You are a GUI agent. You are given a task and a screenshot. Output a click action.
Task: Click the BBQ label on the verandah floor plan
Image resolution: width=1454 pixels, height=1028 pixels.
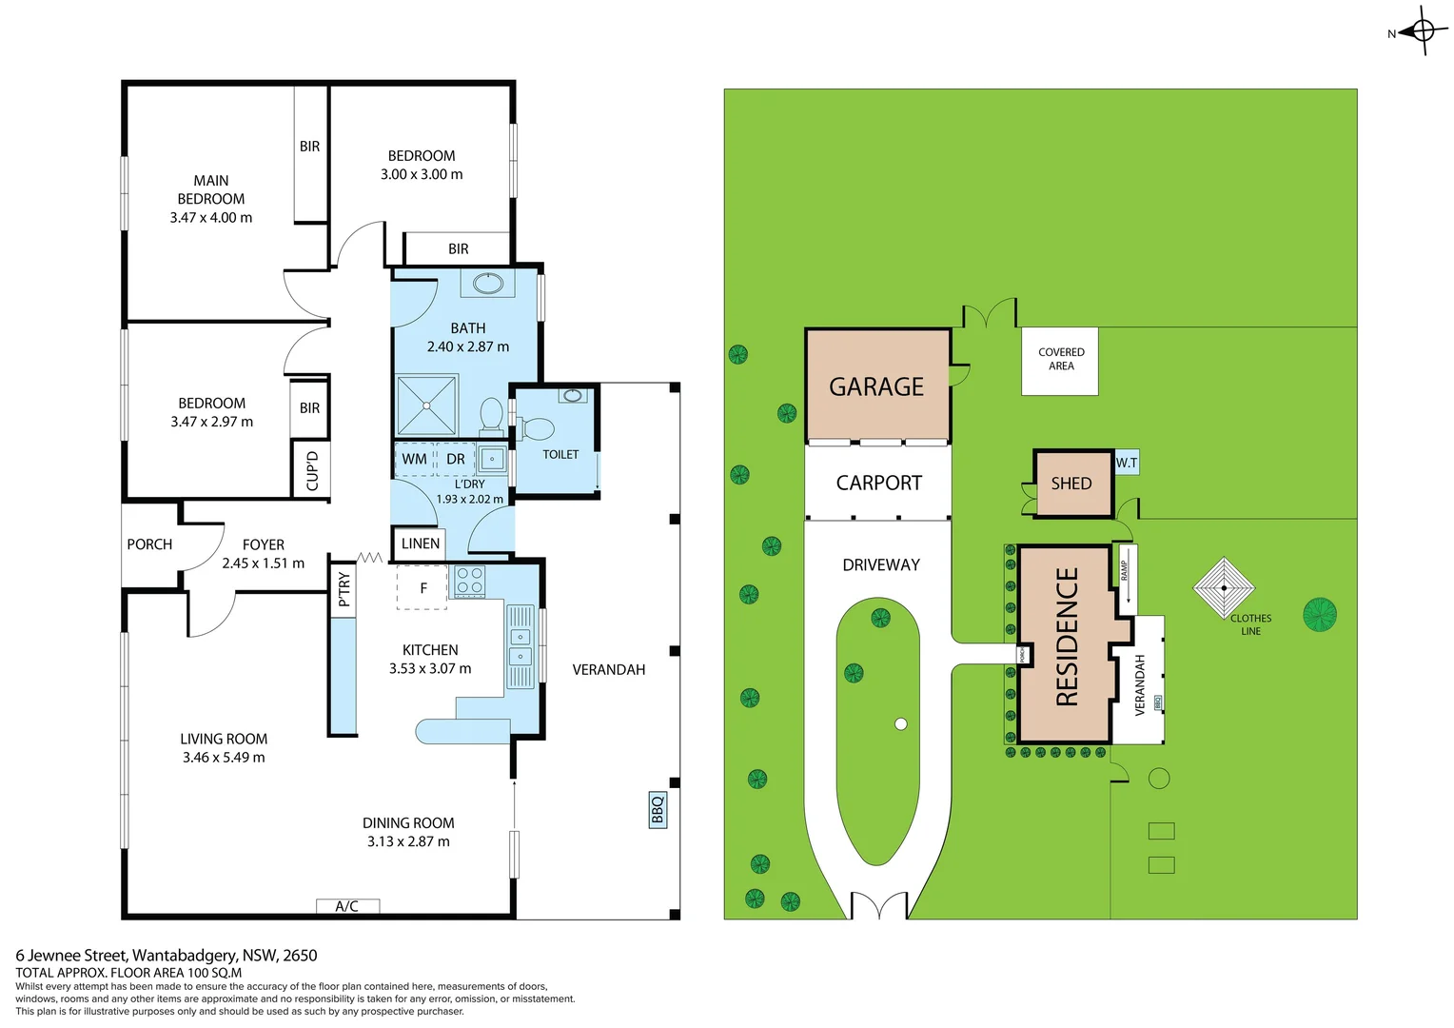click(658, 809)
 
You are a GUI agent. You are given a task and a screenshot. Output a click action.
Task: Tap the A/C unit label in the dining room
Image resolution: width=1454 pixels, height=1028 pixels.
click(347, 906)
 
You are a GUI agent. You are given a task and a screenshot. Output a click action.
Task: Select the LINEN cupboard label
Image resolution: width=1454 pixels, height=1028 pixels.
click(420, 544)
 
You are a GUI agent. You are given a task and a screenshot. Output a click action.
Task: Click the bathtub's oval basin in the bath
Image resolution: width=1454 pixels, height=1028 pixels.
click(488, 284)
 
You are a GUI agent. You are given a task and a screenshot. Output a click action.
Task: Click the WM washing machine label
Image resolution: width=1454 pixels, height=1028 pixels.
click(414, 459)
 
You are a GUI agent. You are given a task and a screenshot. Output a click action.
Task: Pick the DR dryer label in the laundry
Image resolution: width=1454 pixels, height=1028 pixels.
click(456, 459)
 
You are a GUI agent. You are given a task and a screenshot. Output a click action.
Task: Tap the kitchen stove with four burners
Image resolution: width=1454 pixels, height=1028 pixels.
click(469, 582)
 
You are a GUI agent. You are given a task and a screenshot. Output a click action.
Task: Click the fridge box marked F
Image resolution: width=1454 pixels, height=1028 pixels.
click(423, 588)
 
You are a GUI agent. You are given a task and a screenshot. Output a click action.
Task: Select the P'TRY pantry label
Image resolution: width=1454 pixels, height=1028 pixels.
click(344, 589)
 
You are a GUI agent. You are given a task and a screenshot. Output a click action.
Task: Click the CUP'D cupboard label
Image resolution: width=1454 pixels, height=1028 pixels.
click(312, 470)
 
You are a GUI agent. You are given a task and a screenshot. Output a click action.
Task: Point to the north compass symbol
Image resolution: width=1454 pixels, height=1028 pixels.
click(1423, 31)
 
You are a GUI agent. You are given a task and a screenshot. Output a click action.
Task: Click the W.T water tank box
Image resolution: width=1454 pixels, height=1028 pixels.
click(1127, 463)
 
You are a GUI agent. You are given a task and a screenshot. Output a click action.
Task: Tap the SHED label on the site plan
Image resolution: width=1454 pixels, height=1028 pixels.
click(1071, 484)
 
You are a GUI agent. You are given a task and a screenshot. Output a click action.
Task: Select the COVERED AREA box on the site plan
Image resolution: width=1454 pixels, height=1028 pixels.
click(1060, 360)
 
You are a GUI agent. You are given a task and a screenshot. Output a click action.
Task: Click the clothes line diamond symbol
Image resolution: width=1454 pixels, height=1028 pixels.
click(1224, 587)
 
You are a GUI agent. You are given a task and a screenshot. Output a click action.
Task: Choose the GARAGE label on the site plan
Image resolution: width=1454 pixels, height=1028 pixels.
click(876, 386)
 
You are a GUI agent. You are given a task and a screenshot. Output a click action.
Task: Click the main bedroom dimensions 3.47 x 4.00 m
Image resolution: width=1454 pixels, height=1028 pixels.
click(211, 217)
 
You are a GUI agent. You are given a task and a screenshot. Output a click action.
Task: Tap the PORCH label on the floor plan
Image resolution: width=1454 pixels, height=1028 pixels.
click(149, 544)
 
